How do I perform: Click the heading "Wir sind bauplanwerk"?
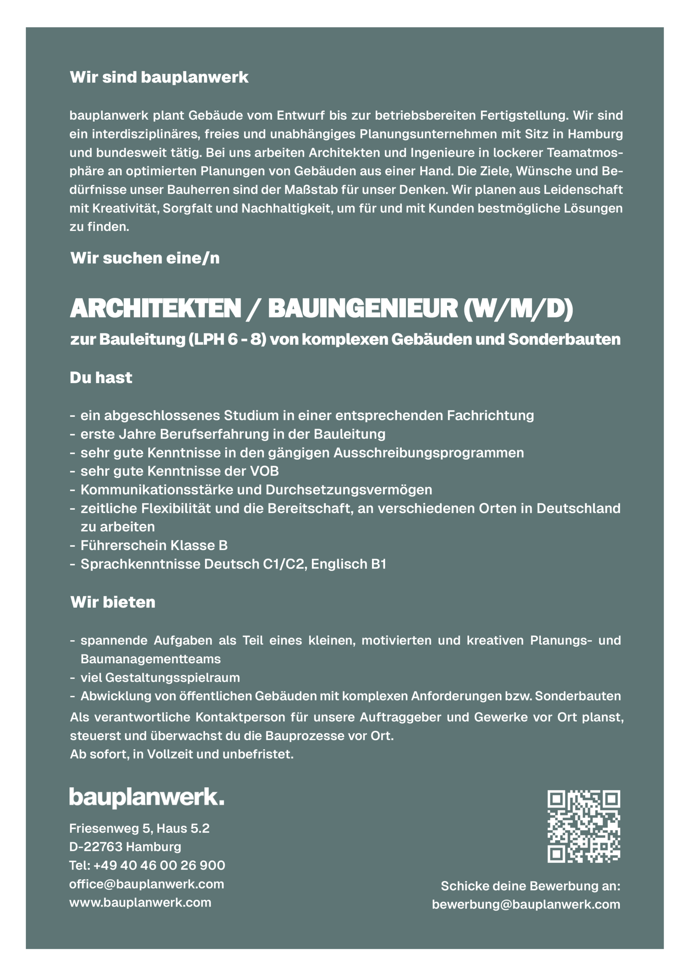point(159,77)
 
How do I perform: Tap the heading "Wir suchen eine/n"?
point(145,258)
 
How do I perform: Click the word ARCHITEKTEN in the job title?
point(156,308)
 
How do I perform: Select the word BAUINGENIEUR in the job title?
point(362,308)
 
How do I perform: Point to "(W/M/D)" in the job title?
point(518,308)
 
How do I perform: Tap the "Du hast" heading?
point(101,377)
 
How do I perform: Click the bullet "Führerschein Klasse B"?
point(154,546)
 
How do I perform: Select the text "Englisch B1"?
point(348,564)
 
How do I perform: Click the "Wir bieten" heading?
point(113,602)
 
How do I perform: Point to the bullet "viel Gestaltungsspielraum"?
point(160,677)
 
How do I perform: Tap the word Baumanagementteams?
point(151,659)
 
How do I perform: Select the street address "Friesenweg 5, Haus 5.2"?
point(140,828)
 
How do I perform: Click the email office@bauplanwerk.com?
point(146,884)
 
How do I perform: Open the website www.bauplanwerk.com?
point(140,902)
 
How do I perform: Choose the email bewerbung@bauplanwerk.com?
point(526,904)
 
